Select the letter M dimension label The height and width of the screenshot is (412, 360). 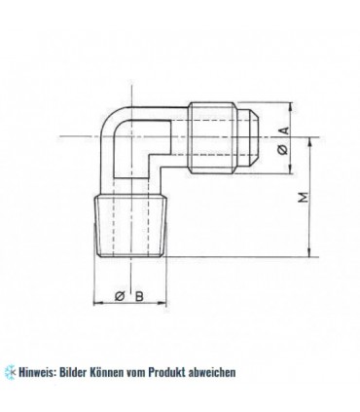tap(303, 199)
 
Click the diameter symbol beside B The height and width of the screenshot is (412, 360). tap(118, 296)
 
